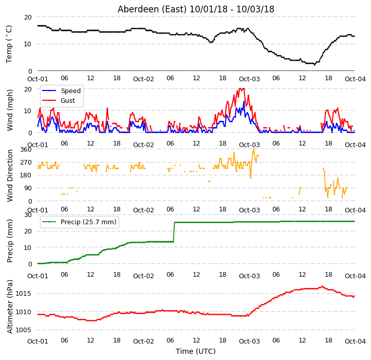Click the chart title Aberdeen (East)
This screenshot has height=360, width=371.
(152, 9)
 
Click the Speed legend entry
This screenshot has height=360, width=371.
(62, 91)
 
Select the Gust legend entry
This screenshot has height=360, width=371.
(59, 100)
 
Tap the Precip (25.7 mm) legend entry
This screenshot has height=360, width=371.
(79, 222)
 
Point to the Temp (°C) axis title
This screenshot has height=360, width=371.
(9, 44)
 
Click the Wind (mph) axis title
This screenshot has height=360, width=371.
(9, 110)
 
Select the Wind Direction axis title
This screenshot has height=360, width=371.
(10, 175)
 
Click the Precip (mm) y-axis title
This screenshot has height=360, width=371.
(9, 241)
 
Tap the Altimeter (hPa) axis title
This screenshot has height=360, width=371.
(9, 307)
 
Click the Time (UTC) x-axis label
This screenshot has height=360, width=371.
(196, 351)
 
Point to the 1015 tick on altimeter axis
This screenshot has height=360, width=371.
(23, 294)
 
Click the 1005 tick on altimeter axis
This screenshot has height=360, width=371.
(23, 330)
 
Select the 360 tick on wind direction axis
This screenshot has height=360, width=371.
(26, 150)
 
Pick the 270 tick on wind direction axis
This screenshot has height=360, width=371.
(26, 163)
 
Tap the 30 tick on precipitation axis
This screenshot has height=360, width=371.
(28, 215)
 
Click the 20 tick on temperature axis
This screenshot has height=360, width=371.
(28, 17)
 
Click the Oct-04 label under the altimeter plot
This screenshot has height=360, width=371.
(355, 341)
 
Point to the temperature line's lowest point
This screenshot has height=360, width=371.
(314, 65)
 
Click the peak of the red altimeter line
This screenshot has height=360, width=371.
(322, 286)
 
